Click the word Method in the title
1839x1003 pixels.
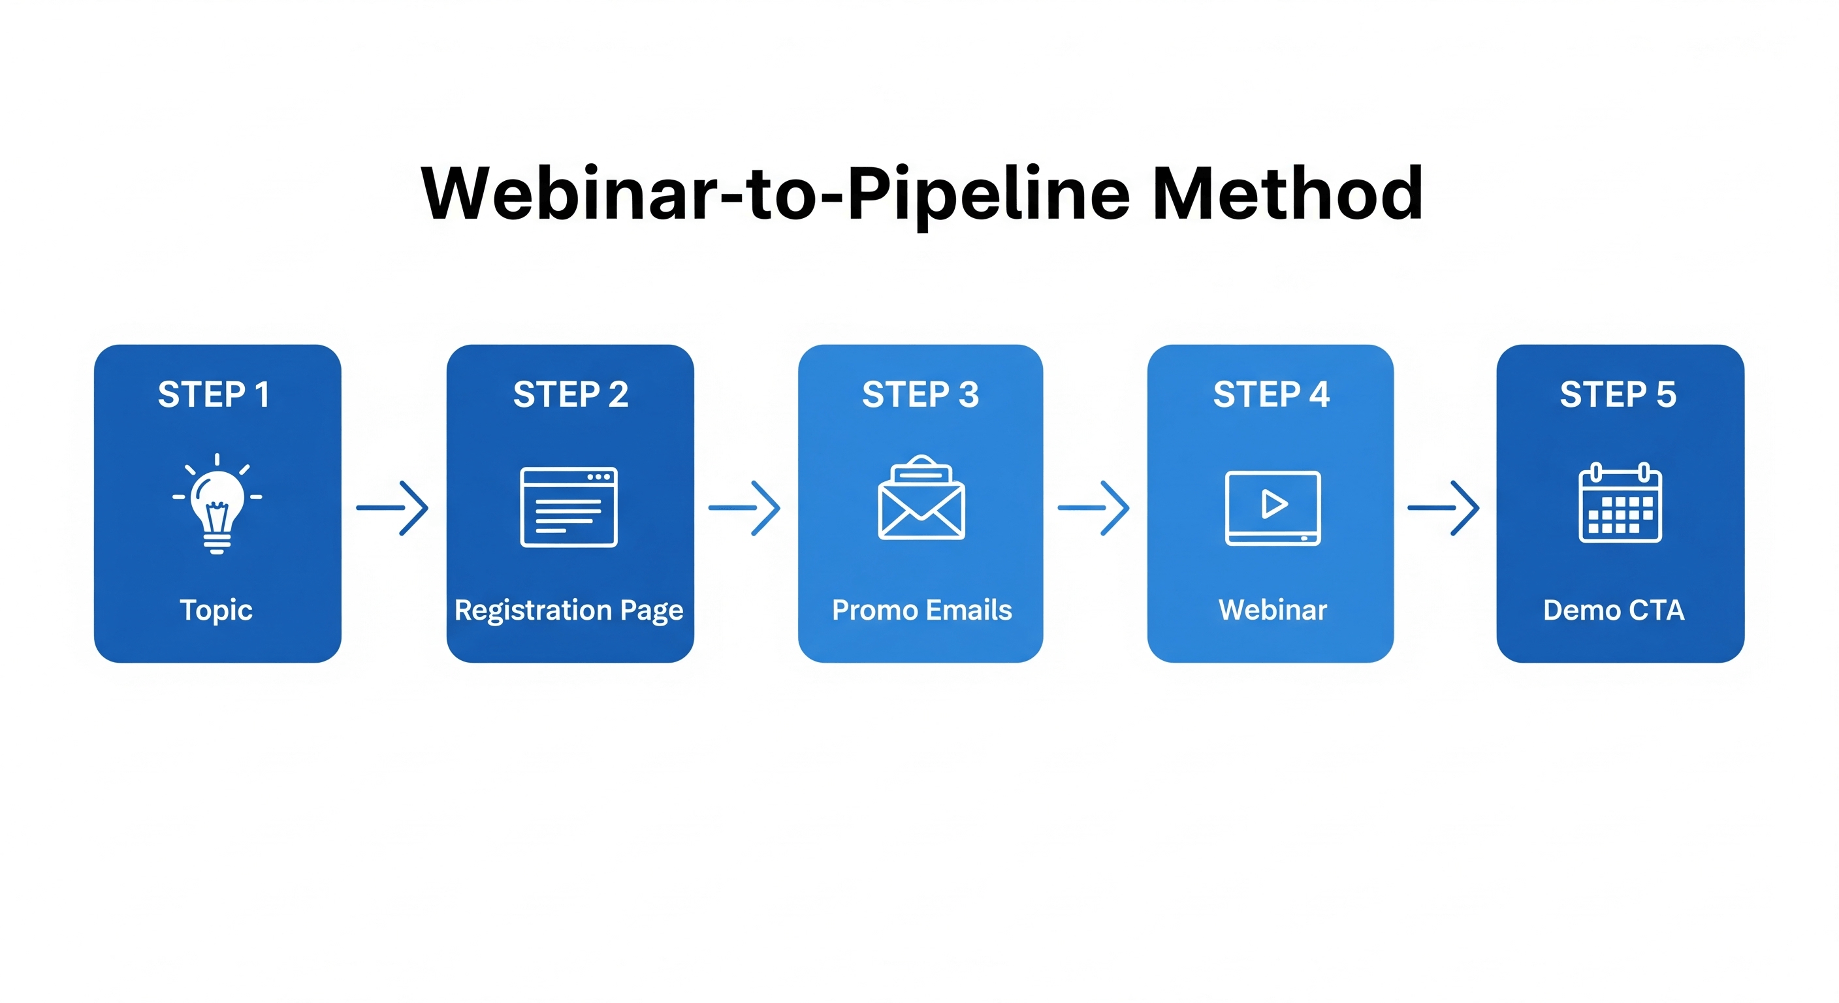[1287, 193]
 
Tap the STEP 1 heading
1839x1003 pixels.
[214, 395]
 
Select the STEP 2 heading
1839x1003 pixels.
[570, 395]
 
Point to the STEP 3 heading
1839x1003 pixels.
[920, 395]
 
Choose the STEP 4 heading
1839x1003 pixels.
[1271, 395]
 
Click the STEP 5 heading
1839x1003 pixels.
[1618, 395]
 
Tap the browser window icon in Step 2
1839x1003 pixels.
[569, 507]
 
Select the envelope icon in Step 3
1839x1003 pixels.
[921, 500]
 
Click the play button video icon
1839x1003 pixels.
[1273, 507]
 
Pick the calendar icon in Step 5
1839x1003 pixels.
[1620, 504]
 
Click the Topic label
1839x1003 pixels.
[216, 611]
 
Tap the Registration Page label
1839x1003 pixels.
[569, 611]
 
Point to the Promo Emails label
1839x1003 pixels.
[921, 611]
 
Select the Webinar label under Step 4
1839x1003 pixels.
[1273, 611]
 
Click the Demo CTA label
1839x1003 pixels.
[1614, 611]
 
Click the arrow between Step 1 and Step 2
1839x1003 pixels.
[392, 507]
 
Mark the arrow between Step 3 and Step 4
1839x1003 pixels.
[1094, 507]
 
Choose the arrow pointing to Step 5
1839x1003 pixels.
[1443, 507]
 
